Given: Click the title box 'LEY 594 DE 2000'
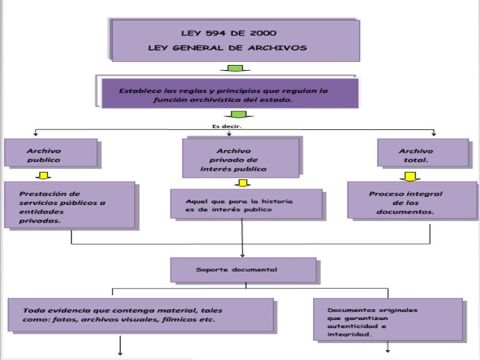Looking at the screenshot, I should (235, 39).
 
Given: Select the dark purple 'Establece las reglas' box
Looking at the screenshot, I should (229, 94).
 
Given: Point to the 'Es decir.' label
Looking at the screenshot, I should (227, 126).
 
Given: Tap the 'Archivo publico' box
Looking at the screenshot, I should (51, 153).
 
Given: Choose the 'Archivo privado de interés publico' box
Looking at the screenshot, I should (241, 159).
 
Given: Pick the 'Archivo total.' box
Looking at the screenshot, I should (422, 153).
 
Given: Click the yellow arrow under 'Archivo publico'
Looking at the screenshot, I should (43, 175).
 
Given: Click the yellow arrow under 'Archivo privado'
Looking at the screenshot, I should (242, 183).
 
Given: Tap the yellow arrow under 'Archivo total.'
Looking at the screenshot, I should (410, 176).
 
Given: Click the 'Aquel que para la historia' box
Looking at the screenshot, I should (246, 204).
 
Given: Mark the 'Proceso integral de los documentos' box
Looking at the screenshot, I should (411, 201).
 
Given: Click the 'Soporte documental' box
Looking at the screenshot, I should (243, 270).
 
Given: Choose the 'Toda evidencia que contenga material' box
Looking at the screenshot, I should (140, 314).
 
